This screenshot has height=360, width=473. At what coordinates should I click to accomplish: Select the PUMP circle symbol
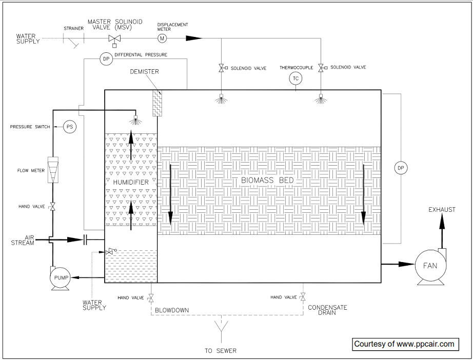(x=61, y=278)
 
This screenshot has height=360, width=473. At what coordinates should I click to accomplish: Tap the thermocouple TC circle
(x=295, y=78)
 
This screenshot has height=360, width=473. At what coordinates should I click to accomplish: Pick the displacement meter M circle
(x=163, y=38)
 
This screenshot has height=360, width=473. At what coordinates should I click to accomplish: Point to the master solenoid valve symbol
(x=114, y=39)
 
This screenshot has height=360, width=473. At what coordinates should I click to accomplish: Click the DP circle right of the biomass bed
(x=401, y=167)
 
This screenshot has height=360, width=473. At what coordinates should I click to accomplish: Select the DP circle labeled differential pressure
(x=106, y=59)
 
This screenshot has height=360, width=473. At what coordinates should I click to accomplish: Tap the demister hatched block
(x=157, y=104)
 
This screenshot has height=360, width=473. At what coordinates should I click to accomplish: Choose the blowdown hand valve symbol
(x=151, y=298)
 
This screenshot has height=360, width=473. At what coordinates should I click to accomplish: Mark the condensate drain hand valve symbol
(x=303, y=298)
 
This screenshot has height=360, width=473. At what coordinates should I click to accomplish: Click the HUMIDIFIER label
(x=131, y=182)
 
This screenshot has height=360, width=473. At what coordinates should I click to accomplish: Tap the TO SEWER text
(x=221, y=351)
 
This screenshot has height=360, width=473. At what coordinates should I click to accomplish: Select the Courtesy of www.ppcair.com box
(x=405, y=344)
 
